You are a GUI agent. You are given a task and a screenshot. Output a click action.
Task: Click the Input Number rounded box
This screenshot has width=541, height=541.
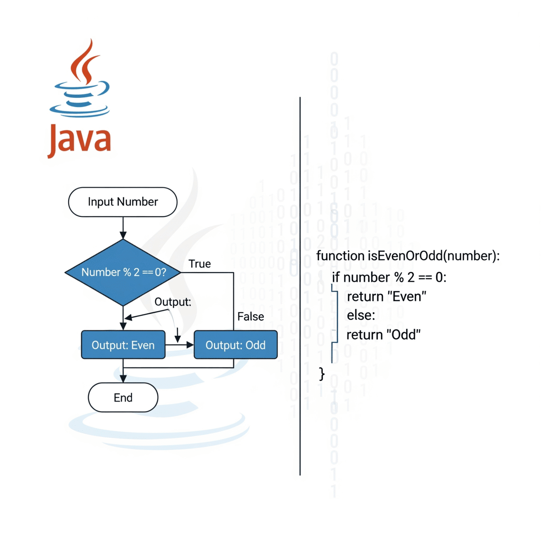click(123, 202)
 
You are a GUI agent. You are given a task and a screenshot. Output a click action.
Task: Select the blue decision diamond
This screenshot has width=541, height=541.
click(123, 272)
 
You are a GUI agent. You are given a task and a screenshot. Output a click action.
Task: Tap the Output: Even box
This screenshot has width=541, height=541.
click(123, 345)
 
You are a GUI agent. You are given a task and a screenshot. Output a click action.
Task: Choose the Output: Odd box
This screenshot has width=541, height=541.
click(236, 345)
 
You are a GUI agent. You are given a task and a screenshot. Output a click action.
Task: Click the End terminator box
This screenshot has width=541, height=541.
click(123, 397)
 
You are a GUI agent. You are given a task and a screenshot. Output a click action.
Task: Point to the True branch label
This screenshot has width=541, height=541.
click(200, 264)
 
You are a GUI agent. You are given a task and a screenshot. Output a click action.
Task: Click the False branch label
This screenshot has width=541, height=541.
click(251, 317)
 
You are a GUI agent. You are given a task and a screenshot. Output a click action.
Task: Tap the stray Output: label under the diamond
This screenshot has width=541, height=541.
click(173, 302)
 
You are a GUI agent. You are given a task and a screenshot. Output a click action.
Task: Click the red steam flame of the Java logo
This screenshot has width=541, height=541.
click(85, 62)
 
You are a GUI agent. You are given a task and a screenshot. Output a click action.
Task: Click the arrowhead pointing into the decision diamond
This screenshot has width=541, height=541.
click(123, 235)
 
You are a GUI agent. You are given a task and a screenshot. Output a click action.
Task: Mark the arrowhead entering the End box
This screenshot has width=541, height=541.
click(123, 379)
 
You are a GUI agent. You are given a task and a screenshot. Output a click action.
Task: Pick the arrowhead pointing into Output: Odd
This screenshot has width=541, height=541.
click(190, 345)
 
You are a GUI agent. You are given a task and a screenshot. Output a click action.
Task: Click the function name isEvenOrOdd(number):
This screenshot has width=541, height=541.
click(408, 256)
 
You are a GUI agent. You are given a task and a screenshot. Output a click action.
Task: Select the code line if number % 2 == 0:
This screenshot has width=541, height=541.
click(389, 277)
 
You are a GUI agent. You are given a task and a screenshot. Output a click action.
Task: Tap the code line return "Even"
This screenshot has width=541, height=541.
click(387, 296)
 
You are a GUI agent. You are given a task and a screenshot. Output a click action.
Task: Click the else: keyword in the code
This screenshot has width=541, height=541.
click(361, 315)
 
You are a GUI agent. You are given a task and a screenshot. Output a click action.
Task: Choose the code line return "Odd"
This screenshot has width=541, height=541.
click(383, 335)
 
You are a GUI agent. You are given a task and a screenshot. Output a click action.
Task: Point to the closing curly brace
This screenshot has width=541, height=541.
click(322, 374)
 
